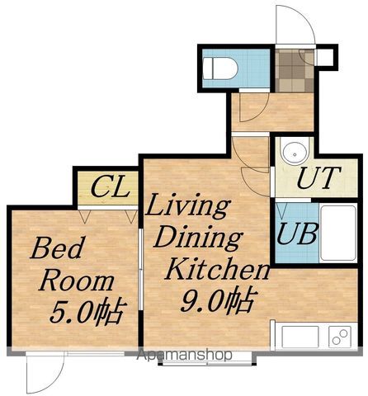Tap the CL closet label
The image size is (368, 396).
[110, 187]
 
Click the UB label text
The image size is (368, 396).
[297, 233]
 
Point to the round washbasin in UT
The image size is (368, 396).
[295, 153]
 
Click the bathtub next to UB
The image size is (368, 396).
[338, 233]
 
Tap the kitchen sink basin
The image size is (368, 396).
[300, 337]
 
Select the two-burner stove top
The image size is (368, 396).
[340, 337]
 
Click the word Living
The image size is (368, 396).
[188, 206]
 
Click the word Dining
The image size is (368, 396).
[198, 238]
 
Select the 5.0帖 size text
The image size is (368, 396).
[88, 312]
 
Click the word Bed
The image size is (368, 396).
[56, 248]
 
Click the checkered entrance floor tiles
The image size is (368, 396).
[295, 71]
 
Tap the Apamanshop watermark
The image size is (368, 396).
[185, 355]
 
